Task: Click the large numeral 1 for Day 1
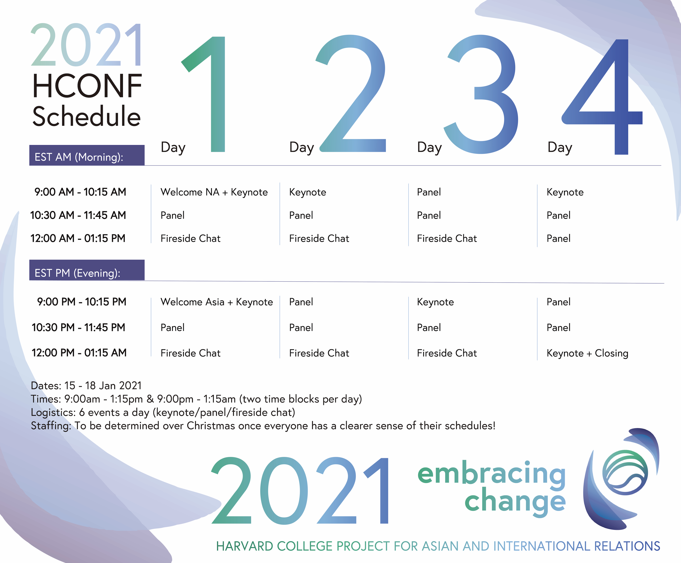coord(218,94)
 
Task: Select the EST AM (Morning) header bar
coord(87,155)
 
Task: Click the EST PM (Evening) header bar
coord(87,270)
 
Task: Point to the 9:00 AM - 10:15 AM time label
coord(80,192)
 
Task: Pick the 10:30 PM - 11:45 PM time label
coord(78,327)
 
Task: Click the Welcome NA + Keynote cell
coord(214,192)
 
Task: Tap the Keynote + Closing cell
coord(587,353)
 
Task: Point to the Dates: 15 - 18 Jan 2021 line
coord(86,386)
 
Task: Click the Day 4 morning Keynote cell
coord(565,192)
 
